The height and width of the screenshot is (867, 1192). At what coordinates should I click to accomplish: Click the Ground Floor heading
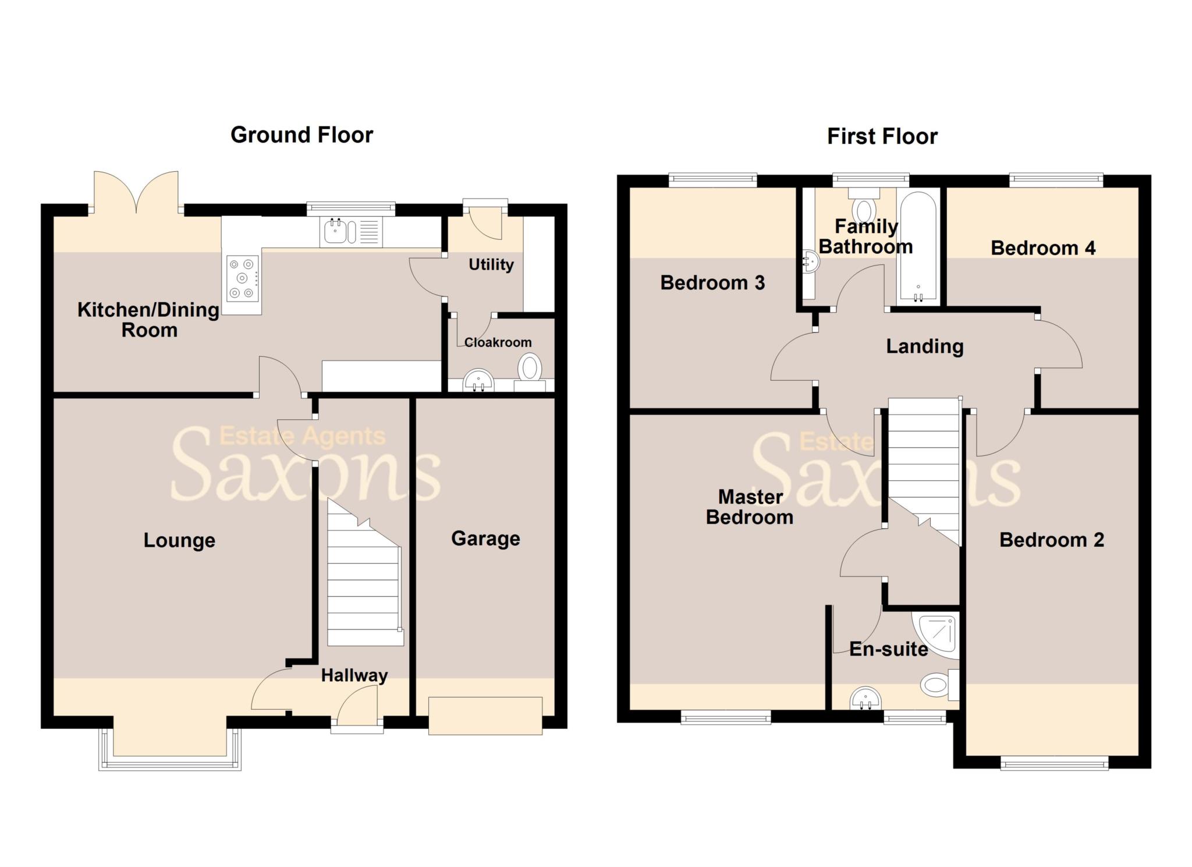(301, 135)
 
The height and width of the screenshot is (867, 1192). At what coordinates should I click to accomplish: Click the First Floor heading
(882, 136)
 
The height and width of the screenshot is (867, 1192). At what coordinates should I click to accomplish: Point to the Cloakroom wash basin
(478, 381)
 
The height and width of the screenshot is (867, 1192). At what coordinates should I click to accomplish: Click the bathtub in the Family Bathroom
(918, 247)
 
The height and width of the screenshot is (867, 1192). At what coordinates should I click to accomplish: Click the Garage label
(485, 539)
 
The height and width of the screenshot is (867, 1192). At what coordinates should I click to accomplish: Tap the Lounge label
(179, 540)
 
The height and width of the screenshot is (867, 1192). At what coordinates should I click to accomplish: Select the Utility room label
(491, 264)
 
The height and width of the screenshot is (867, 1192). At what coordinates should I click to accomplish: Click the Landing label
(924, 346)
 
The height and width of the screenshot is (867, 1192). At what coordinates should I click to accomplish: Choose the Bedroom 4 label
(1043, 248)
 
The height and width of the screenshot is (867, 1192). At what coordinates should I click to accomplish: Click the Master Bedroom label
(750, 507)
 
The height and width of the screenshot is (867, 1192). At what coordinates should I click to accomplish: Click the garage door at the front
(485, 716)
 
